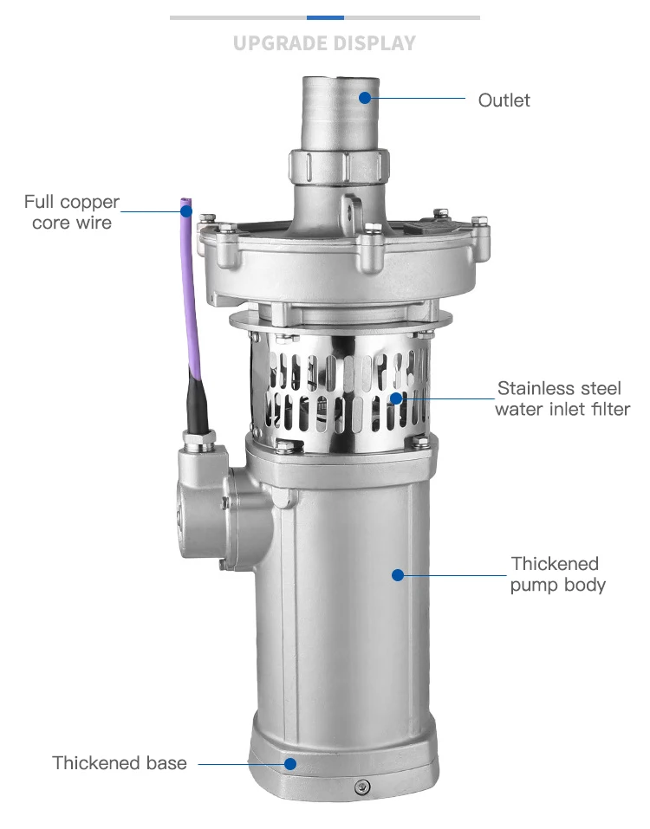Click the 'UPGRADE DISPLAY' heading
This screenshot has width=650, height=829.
324,42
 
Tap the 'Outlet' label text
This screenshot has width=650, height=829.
504,100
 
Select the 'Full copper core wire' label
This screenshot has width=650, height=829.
72,212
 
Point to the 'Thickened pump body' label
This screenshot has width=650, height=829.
557,574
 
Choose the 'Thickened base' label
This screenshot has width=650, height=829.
120,763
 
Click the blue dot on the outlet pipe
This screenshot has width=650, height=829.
366,98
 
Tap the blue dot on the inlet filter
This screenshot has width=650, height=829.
396,398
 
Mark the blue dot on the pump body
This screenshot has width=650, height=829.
398,573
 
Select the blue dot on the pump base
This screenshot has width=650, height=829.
291,763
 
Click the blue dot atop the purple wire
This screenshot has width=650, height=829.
185,210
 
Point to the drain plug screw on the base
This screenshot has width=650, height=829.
361,787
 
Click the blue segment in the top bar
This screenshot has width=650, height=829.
325,17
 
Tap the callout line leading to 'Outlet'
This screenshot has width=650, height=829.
420,99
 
